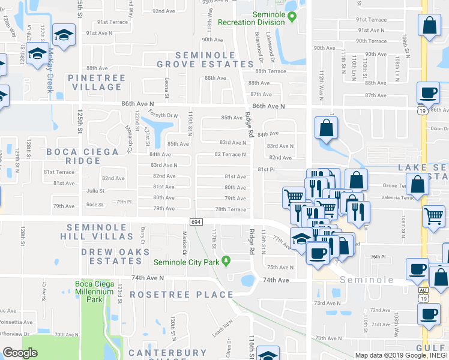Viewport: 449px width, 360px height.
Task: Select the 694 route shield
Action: (x=196, y=221)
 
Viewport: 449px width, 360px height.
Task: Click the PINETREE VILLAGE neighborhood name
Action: (x=97, y=82)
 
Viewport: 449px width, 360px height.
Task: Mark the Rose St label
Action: (x=95, y=205)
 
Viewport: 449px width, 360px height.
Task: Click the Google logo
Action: (x=20, y=353)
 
